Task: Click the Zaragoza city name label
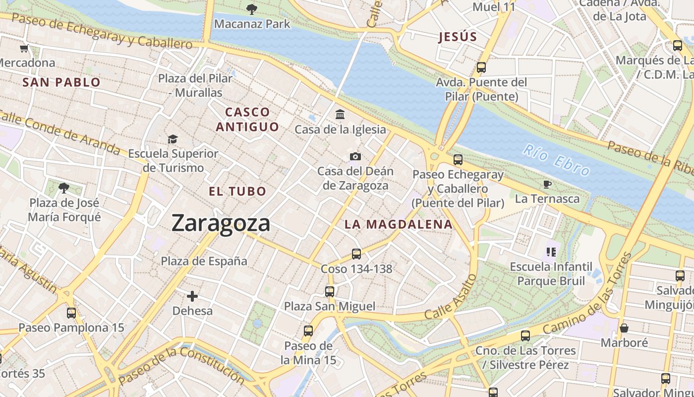221,223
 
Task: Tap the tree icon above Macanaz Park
252,9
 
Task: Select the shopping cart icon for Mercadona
24,48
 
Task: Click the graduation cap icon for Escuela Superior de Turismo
173,139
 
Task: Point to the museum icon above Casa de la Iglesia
340,115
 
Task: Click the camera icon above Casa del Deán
355,157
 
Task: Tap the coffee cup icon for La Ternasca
547,184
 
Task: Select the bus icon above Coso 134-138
356,254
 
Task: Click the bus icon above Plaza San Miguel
330,292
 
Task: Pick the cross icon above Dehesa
192,297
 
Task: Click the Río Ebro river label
557,160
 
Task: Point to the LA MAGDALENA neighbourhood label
399,224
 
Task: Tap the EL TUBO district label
237,191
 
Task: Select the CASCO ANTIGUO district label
247,119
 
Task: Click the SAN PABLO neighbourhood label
61,82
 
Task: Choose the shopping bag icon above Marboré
624,328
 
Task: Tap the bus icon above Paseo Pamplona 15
71,313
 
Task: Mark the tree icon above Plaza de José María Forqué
64,188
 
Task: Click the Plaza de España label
204,261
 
